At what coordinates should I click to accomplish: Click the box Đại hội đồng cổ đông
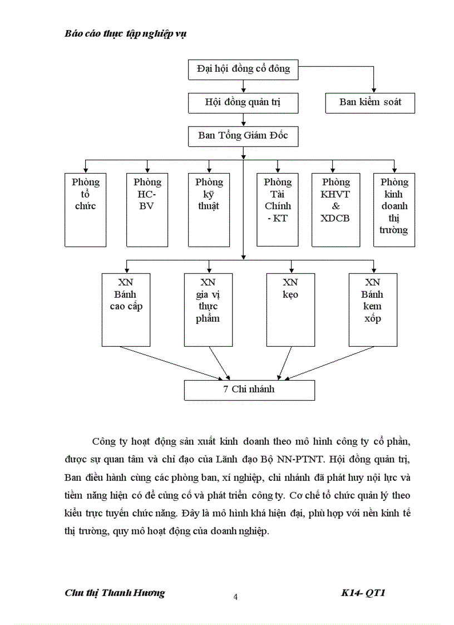click(x=243, y=69)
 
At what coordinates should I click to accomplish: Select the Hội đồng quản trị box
click(x=243, y=102)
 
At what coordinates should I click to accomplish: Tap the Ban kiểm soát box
click(x=370, y=102)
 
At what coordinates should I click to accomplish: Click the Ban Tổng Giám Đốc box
click(x=243, y=136)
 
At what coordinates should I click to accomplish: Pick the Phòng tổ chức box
click(x=85, y=209)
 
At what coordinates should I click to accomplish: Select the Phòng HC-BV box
click(x=147, y=209)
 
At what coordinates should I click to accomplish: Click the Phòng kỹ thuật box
click(x=209, y=209)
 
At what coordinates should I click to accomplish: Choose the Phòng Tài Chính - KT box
click(x=277, y=209)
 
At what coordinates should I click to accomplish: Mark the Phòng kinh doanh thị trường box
click(x=394, y=209)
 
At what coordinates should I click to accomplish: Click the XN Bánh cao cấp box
click(x=126, y=309)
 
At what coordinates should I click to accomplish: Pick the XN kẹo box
click(x=290, y=309)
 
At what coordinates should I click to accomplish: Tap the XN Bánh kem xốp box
click(x=373, y=309)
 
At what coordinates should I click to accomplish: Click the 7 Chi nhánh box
click(x=249, y=390)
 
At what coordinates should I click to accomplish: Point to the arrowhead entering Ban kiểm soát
click(x=373, y=88)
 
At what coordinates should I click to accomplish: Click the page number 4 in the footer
click(x=235, y=597)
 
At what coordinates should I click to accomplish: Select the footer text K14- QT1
click(x=363, y=593)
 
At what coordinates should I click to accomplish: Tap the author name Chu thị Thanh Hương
click(x=115, y=593)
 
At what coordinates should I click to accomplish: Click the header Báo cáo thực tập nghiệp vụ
click(x=125, y=33)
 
